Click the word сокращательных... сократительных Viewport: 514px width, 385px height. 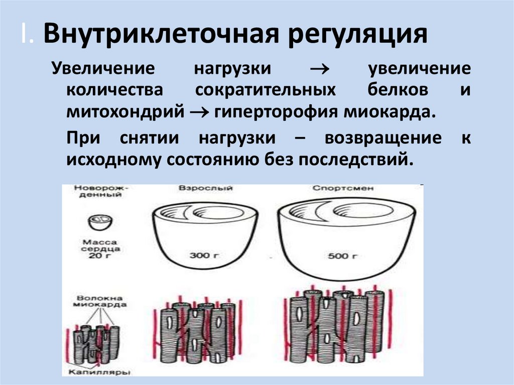[266, 90]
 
